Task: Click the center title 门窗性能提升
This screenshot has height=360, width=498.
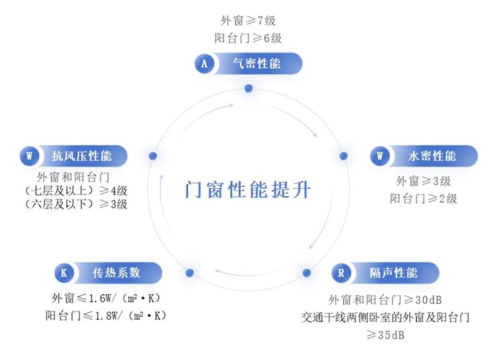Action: click(248, 190)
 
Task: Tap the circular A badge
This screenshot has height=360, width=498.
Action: click(204, 63)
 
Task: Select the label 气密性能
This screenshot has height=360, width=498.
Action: click(257, 63)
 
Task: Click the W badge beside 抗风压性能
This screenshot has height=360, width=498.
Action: click(29, 156)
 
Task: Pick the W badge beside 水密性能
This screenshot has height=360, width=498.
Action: click(379, 156)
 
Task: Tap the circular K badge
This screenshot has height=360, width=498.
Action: click(64, 272)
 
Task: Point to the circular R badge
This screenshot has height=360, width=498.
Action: click(341, 272)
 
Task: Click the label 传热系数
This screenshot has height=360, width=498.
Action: click(116, 272)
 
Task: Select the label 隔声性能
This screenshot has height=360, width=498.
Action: click(393, 272)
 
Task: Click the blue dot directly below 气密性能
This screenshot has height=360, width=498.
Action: click(249, 88)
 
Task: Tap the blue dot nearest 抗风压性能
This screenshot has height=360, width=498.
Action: click(153, 156)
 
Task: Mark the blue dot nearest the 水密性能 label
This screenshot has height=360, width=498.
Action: click(344, 156)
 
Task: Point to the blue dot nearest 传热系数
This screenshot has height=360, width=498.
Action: click(190, 272)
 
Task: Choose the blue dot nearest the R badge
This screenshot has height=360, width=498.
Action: click(307, 272)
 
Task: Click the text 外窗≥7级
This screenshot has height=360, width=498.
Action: click(248, 21)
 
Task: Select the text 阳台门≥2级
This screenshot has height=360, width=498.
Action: click(423, 199)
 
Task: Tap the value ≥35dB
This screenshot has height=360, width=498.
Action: click(385, 335)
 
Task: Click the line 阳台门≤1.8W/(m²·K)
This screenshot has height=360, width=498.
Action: click(106, 316)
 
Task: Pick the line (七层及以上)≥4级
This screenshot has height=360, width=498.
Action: click(75, 191)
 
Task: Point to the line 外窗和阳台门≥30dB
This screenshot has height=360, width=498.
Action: click(385, 300)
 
